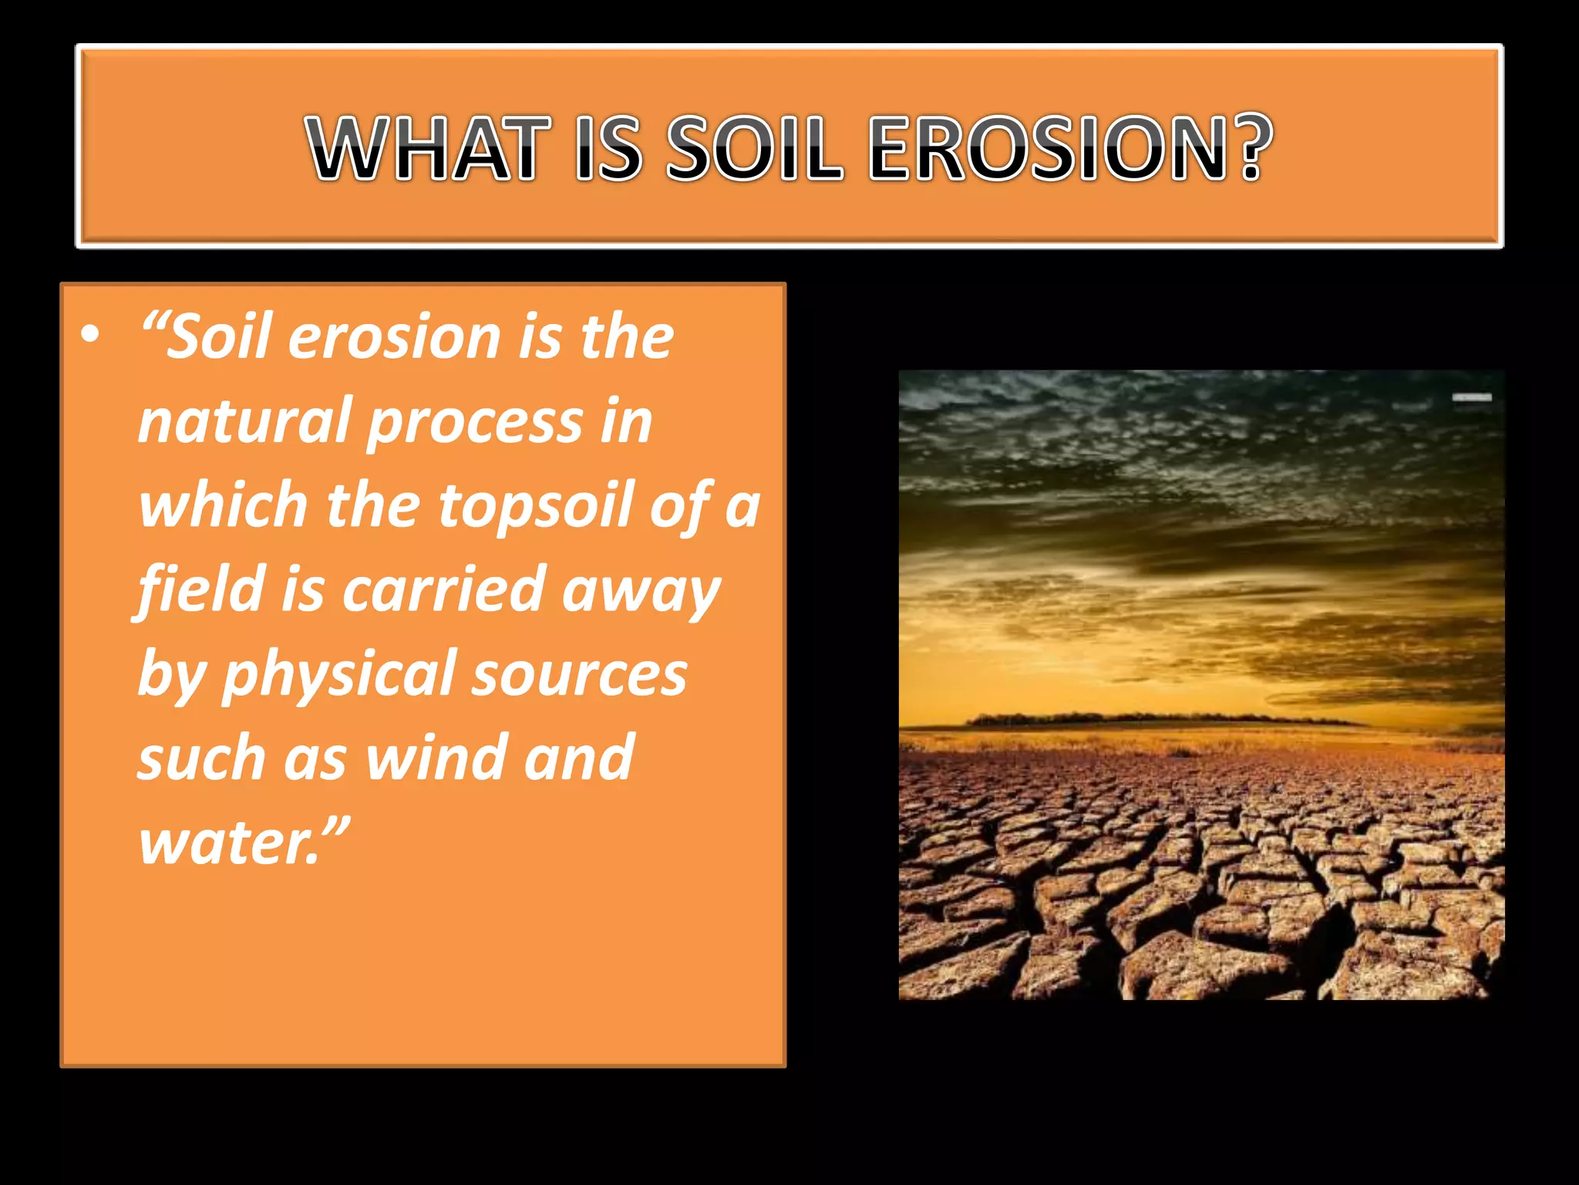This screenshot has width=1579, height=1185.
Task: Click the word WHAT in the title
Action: tap(429, 148)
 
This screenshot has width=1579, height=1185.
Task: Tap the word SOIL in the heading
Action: tap(753, 148)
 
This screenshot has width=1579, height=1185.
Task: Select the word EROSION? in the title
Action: tap(1070, 148)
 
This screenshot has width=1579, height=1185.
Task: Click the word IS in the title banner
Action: tap(608, 148)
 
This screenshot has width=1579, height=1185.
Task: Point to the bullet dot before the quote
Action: tap(90, 336)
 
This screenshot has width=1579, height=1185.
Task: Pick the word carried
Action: tap(443, 589)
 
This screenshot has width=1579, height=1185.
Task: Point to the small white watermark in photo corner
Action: tap(1472, 397)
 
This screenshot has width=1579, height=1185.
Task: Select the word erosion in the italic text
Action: tap(394, 337)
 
